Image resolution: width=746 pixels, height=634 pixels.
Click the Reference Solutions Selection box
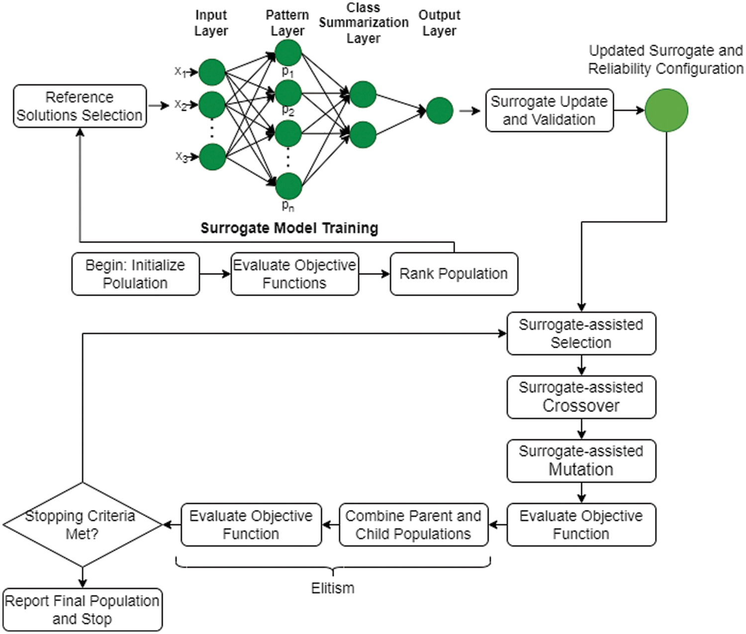tap(80, 106)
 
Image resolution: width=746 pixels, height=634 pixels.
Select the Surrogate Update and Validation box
tap(549, 110)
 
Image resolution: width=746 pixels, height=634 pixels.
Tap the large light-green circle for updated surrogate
tap(666, 110)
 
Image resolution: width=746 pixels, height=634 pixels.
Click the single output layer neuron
tap(440, 110)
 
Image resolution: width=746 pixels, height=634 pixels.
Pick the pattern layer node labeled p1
tap(288, 53)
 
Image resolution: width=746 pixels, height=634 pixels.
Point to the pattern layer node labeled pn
tap(288, 186)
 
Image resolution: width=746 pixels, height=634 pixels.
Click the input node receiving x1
tap(212, 72)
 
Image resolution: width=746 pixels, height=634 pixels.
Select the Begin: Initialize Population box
tap(135, 274)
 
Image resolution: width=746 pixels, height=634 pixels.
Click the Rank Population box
tap(454, 274)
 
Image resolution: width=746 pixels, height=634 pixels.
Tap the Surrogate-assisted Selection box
tap(581, 333)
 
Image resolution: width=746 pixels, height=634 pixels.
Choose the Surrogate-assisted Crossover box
tap(581, 397)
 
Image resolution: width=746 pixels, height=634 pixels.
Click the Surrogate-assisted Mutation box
tap(581, 461)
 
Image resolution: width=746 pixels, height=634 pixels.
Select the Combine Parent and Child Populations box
tap(413, 525)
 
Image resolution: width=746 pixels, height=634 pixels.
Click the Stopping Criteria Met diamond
tap(82, 525)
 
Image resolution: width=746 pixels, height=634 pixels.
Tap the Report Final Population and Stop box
tap(83, 610)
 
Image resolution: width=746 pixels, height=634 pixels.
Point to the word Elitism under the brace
tap(333, 588)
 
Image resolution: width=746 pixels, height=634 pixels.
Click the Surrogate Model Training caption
tap(289, 228)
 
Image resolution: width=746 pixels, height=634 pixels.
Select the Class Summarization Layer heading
tap(364, 23)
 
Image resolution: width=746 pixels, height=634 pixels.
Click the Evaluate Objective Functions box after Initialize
tap(294, 274)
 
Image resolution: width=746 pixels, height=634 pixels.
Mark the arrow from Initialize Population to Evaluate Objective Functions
tap(215, 274)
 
